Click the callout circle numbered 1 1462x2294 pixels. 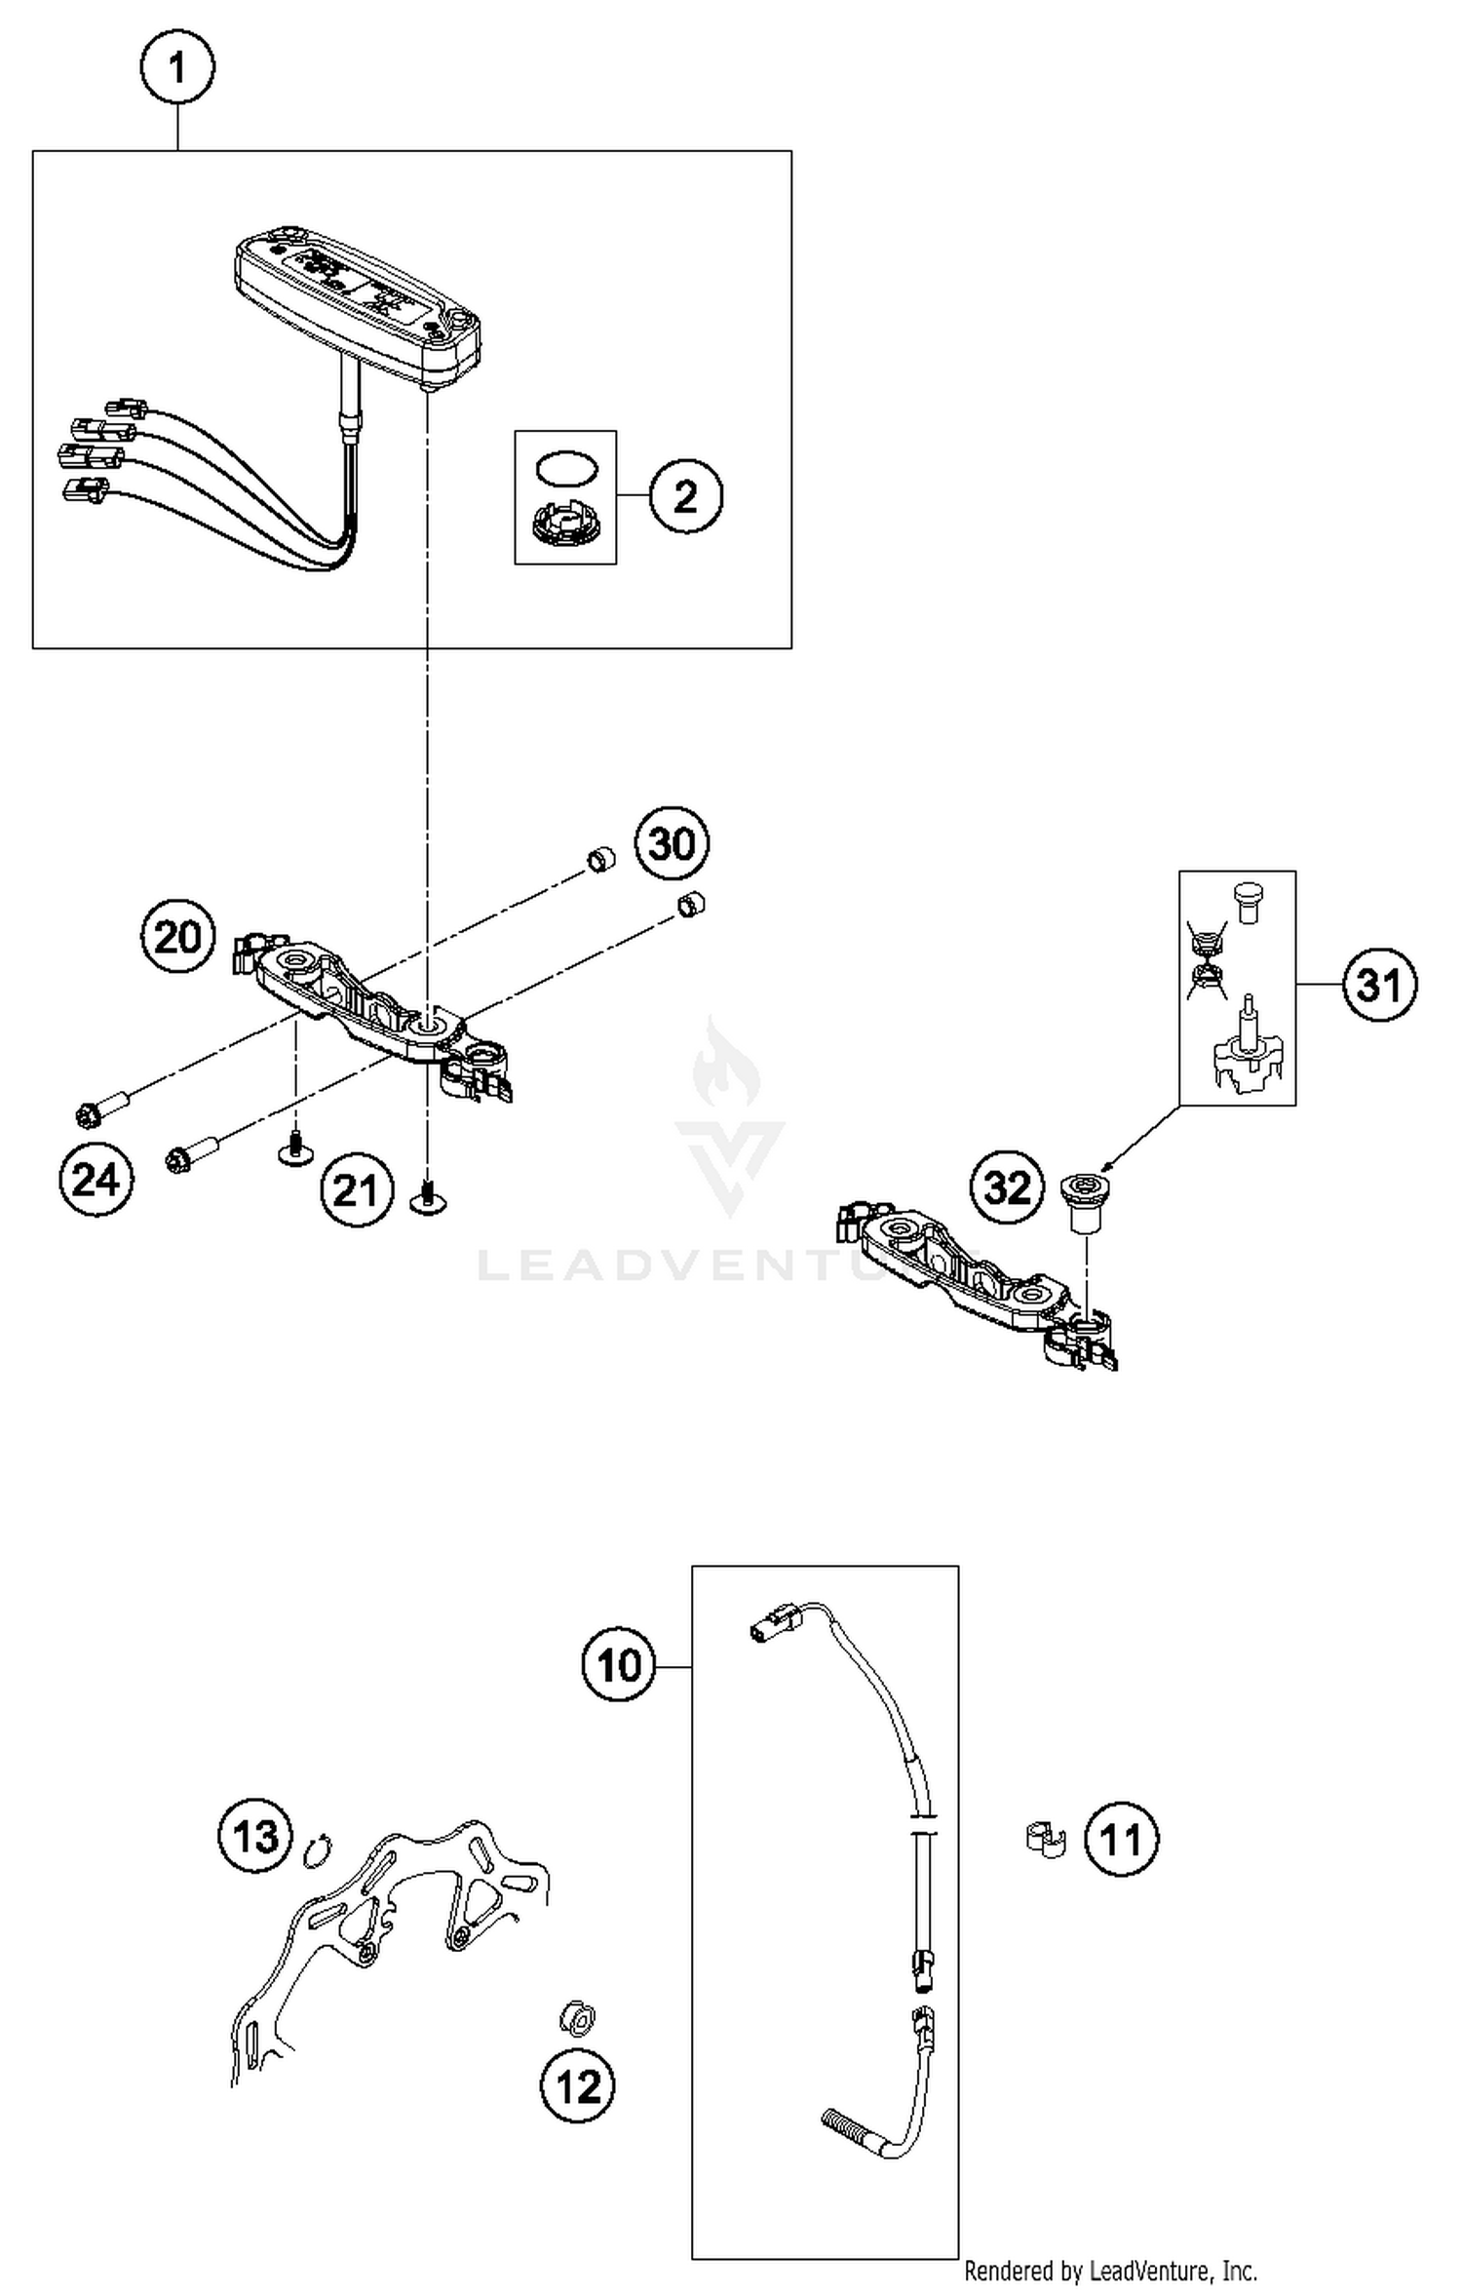tap(176, 68)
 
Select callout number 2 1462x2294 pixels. tap(685, 496)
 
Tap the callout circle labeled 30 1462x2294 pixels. tap(672, 842)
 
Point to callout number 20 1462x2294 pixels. tap(177, 937)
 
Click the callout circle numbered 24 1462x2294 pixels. tap(96, 1180)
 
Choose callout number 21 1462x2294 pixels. tap(357, 1189)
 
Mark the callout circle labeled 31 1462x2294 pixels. tap(1379, 986)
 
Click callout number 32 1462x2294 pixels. tap(1007, 1186)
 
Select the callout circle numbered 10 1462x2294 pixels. tap(619, 1665)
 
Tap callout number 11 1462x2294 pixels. tap(1121, 1841)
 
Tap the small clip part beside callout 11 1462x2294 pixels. tap(1046, 1839)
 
